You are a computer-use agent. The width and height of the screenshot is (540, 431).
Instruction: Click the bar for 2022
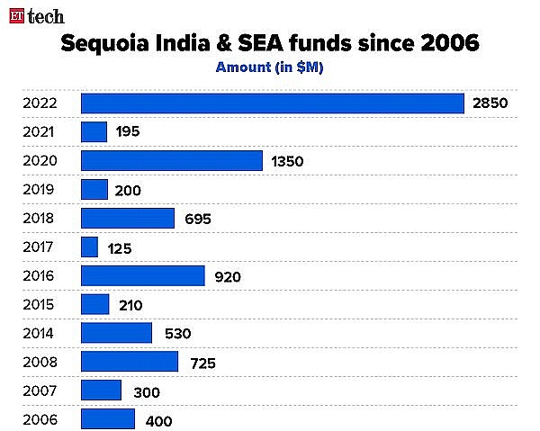click(272, 103)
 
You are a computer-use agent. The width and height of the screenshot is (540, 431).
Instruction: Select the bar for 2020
click(171, 160)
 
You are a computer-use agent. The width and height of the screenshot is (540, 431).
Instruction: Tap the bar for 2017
click(89, 247)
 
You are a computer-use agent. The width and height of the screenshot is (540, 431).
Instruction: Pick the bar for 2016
click(142, 275)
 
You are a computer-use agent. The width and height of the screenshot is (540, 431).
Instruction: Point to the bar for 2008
click(129, 362)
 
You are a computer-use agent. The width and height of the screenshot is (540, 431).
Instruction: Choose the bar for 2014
click(116, 333)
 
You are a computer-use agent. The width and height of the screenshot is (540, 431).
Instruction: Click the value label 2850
click(490, 103)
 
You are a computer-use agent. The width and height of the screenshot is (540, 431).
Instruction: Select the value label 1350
click(287, 162)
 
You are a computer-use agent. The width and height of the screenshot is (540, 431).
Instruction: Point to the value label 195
click(127, 133)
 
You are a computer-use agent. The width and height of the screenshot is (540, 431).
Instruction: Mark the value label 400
click(157, 420)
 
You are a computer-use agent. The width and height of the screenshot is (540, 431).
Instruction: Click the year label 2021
click(40, 132)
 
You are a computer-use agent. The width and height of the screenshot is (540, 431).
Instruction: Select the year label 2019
click(40, 190)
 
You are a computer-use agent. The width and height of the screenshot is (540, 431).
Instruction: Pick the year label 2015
click(40, 305)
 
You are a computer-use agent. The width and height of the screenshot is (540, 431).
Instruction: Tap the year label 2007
click(40, 391)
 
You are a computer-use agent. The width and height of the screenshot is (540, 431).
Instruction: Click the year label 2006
click(40, 419)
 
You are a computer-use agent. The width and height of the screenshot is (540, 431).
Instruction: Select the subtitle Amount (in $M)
click(269, 67)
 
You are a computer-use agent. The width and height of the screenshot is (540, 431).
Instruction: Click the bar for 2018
click(127, 218)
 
